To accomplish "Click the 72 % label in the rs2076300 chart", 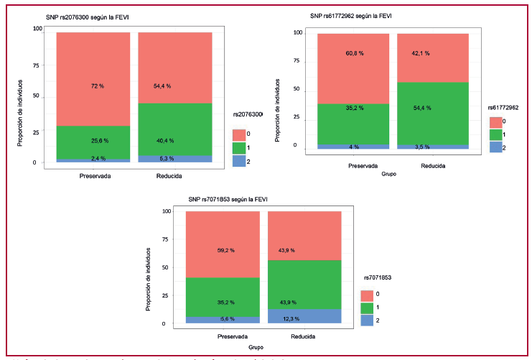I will pyautogui.click(x=97, y=86).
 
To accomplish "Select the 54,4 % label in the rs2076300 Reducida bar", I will pyautogui.click(x=165, y=86).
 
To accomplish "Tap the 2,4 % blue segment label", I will pyautogui.click(x=97, y=158).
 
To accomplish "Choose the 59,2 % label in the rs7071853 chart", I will pyautogui.click(x=225, y=251).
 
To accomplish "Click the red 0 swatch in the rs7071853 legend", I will pyautogui.click(x=367, y=295).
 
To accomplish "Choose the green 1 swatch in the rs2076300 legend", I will pyautogui.click(x=241, y=147).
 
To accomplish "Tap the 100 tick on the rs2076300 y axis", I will pyautogui.click(x=37, y=29).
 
